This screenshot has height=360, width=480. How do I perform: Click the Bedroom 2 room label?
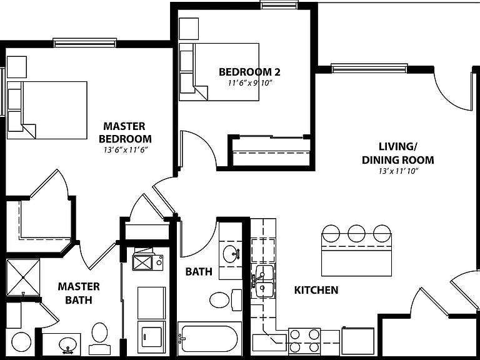click(x=249, y=72)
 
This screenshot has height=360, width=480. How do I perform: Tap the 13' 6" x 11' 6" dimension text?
click(x=126, y=150)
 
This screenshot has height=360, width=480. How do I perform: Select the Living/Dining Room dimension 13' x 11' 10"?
click(x=398, y=171)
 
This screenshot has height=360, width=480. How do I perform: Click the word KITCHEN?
click(x=316, y=290)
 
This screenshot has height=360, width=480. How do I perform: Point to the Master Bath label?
click(x=79, y=293)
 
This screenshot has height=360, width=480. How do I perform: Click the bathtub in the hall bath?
click(x=208, y=339)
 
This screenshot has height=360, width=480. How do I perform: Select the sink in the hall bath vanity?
click(x=232, y=254)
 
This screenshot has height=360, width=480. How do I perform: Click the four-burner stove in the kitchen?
click(x=304, y=341)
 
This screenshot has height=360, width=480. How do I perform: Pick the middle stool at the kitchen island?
click(x=356, y=233)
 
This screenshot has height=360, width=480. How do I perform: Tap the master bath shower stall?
click(x=23, y=277)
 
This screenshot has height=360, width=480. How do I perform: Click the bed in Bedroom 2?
click(x=219, y=72)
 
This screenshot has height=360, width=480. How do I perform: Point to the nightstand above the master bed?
click(x=16, y=67)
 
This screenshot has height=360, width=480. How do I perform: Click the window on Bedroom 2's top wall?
click(x=279, y=5)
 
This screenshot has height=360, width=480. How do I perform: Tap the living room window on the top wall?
click(x=369, y=68)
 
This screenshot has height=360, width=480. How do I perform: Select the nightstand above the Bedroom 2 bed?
click(x=189, y=29)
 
